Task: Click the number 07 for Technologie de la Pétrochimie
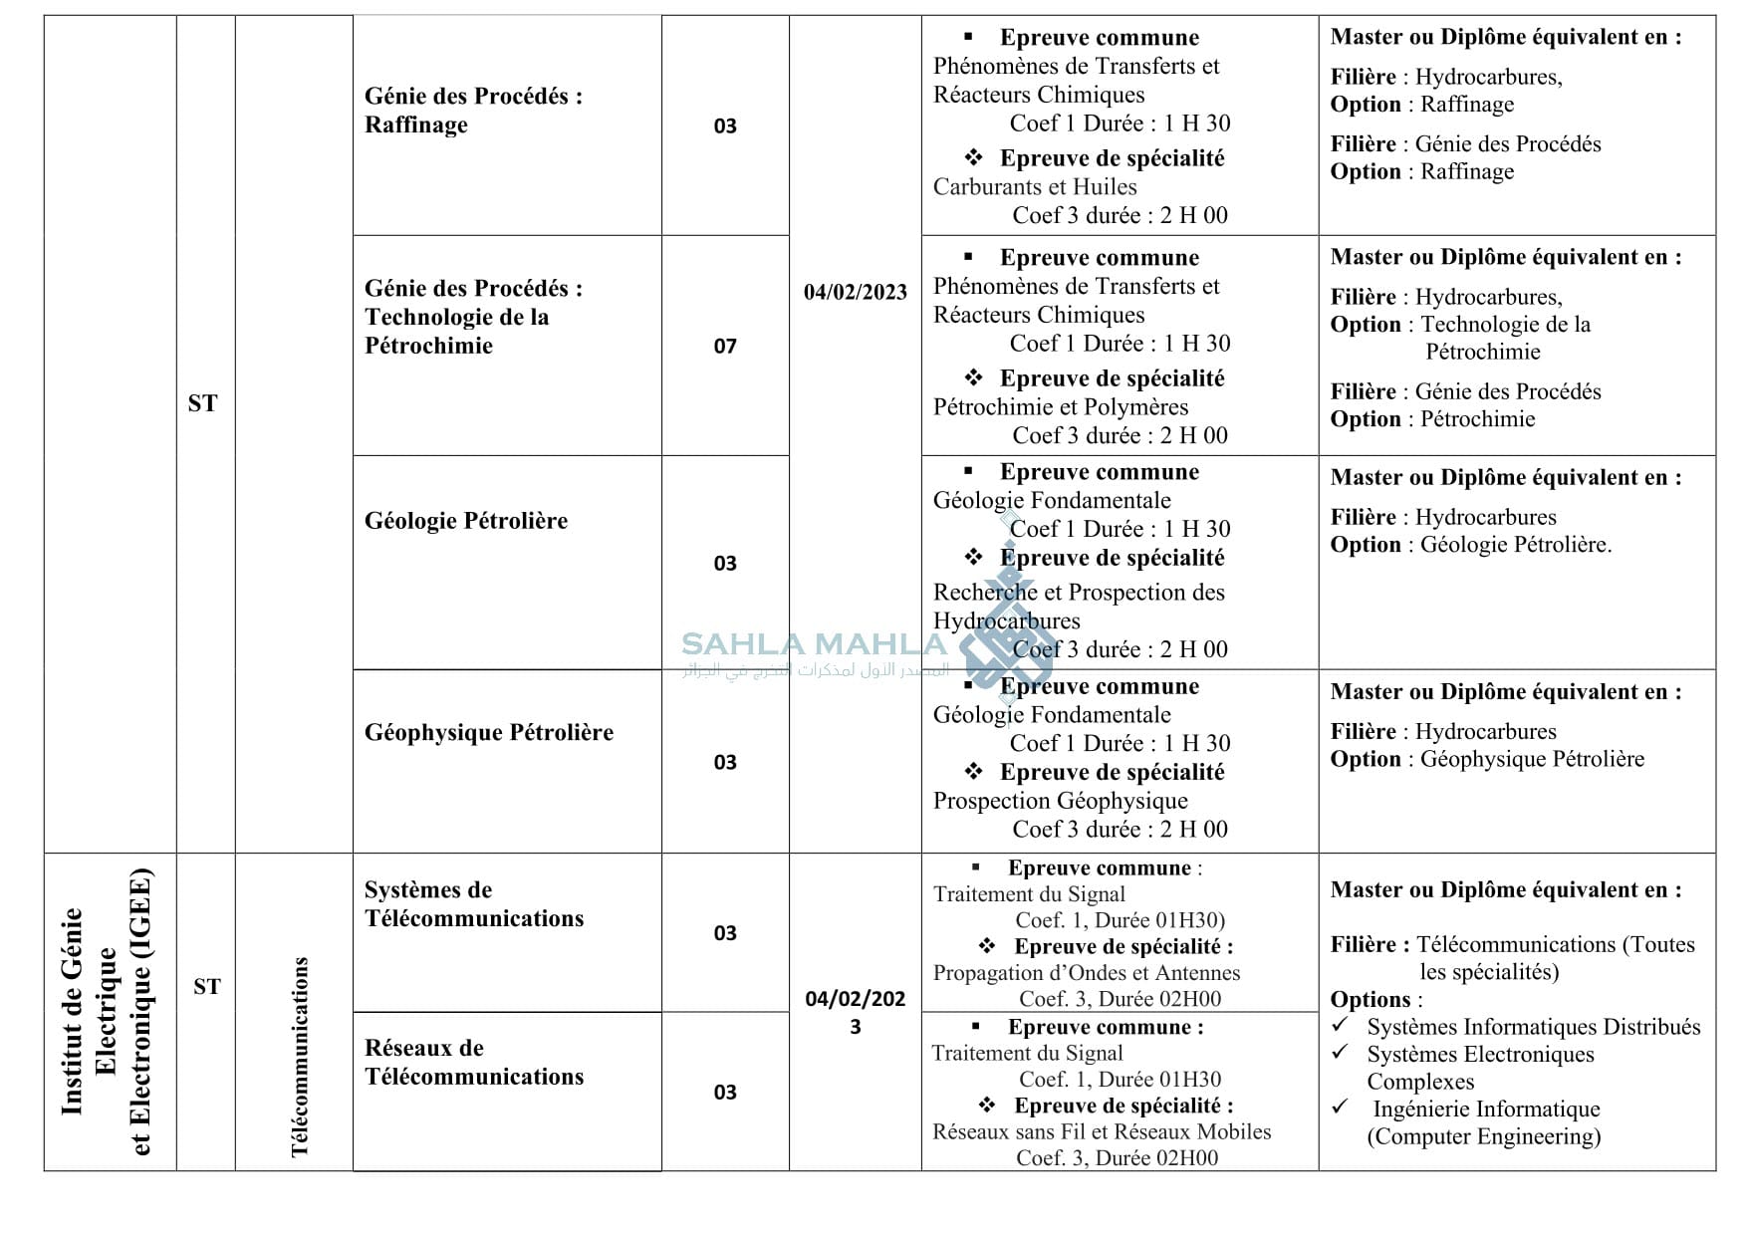tap(725, 347)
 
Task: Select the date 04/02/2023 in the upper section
tap(856, 292)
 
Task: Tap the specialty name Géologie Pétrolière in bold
tap(465, 521)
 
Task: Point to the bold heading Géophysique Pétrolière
tap(488, 733)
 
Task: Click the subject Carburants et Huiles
tap(1035, 187)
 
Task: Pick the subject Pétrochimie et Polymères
tap(1061, 407)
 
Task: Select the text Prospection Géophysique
tap(1061, 801)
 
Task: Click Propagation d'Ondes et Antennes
tap(1087, 973)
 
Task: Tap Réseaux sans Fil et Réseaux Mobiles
tap(1102, 1132)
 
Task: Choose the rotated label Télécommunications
tap(300, 1057)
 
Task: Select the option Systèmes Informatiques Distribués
tap(1533, 1027)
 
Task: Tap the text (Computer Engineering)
tap(1483, 1136)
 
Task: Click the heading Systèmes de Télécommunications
tap(473, 904)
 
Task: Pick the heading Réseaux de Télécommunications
tap(473, 1063)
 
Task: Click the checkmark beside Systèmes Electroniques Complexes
tap(1341, 1052)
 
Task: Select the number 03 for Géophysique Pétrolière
tap(725, 763)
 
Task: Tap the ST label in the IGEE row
tap(207, 987)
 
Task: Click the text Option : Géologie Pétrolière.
tap(1470, 545)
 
